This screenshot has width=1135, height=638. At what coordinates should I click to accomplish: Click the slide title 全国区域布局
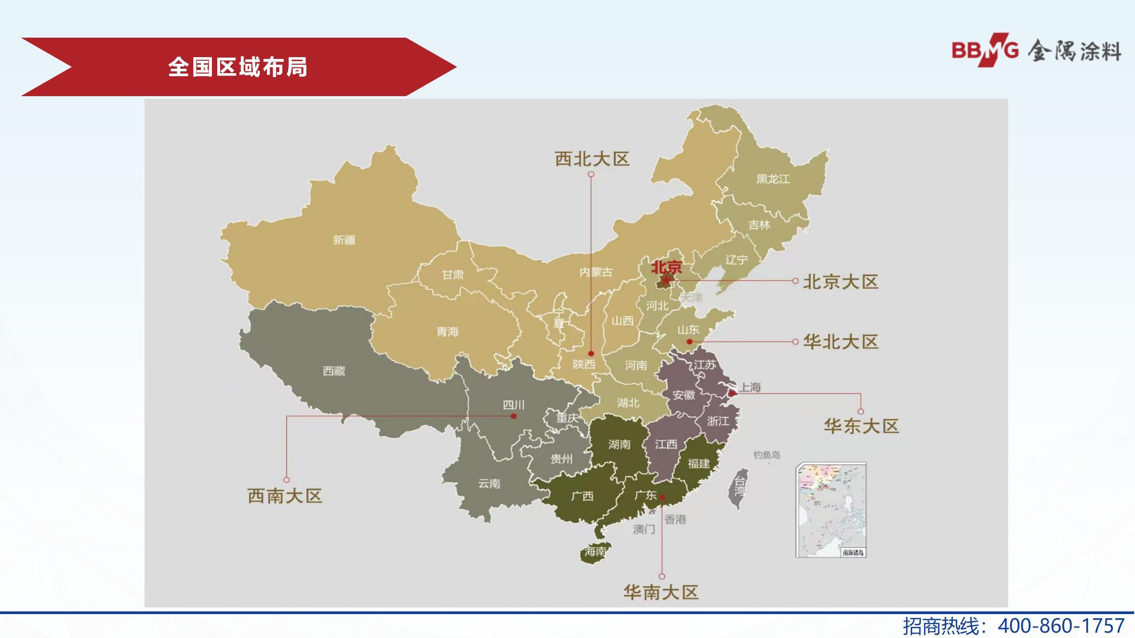click(238, 67)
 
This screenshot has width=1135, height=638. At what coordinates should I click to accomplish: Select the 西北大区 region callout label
click(592, 159)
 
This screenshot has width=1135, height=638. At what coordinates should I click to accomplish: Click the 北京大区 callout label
click(841, 282)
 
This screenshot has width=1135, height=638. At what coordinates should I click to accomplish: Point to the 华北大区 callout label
click(841, 342)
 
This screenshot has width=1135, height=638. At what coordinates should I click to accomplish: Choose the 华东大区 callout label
click(861, 426)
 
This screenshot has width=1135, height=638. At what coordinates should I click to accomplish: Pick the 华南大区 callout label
click(661, 592)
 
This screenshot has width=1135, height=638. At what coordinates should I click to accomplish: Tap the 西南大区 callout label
click(285, 496)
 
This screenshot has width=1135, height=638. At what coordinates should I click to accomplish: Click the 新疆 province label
click(344, 240)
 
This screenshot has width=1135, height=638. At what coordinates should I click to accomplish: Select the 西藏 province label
click(334, 371)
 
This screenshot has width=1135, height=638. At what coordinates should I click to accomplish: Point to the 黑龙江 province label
click(773, 179)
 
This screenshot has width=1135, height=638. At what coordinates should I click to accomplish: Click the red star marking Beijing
click(665, 280)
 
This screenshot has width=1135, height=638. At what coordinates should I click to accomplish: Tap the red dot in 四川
click(513, 416)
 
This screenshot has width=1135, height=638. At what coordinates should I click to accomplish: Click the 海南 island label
click(595, 552)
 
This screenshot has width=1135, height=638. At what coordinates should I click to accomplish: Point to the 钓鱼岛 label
click(767, 455)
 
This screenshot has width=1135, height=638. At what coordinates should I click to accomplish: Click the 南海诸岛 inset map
click(831, 510)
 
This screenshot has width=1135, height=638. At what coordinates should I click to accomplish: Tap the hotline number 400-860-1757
click(1061, 626)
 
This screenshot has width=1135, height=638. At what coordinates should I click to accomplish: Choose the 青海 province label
click(447, 331)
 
